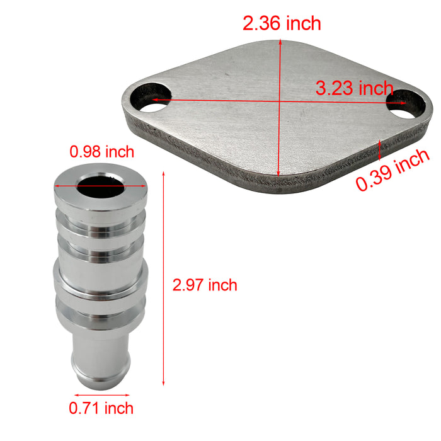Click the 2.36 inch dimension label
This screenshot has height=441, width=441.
pos(282,24)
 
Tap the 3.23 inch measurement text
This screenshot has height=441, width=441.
pos(354,89)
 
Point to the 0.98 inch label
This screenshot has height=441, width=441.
pos(102,151)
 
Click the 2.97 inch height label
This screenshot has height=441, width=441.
pos(205,285)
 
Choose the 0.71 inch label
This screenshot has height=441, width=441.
pos(101,408)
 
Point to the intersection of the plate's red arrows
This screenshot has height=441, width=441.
pos(278,100)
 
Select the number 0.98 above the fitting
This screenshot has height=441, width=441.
pos(85,151)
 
